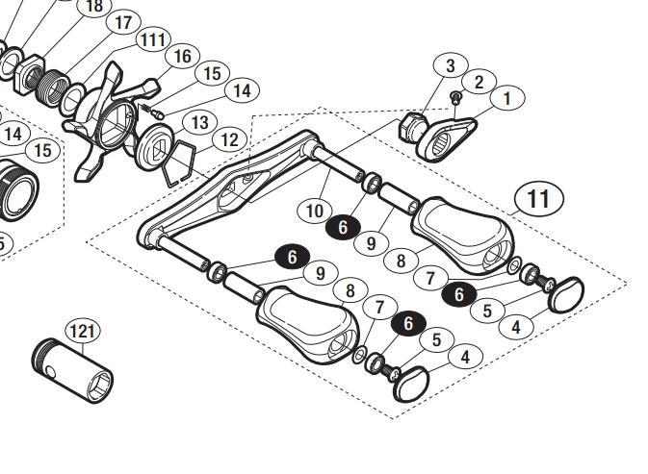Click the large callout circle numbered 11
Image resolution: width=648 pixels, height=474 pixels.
[x=538, y=199]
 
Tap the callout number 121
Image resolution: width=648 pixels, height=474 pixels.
[x=83, y=331]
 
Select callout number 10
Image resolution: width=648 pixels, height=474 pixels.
[x=315, y=210]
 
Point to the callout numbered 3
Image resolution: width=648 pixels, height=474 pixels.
[x=450, y=65]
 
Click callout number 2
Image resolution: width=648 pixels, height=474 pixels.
[x=479, y=83]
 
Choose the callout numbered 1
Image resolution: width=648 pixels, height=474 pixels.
[x=506, y=97]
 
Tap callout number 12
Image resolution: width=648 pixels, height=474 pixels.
[x=228, y=139]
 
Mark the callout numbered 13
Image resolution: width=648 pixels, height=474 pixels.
[x=199, y=122]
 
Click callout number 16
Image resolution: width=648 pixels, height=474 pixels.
[x=181, y=57]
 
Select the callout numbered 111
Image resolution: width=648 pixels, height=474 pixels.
[x=151, y=39]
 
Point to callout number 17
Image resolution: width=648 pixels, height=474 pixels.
[x=122, y=22]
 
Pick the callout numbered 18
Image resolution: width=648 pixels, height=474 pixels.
[x=93, y=7]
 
